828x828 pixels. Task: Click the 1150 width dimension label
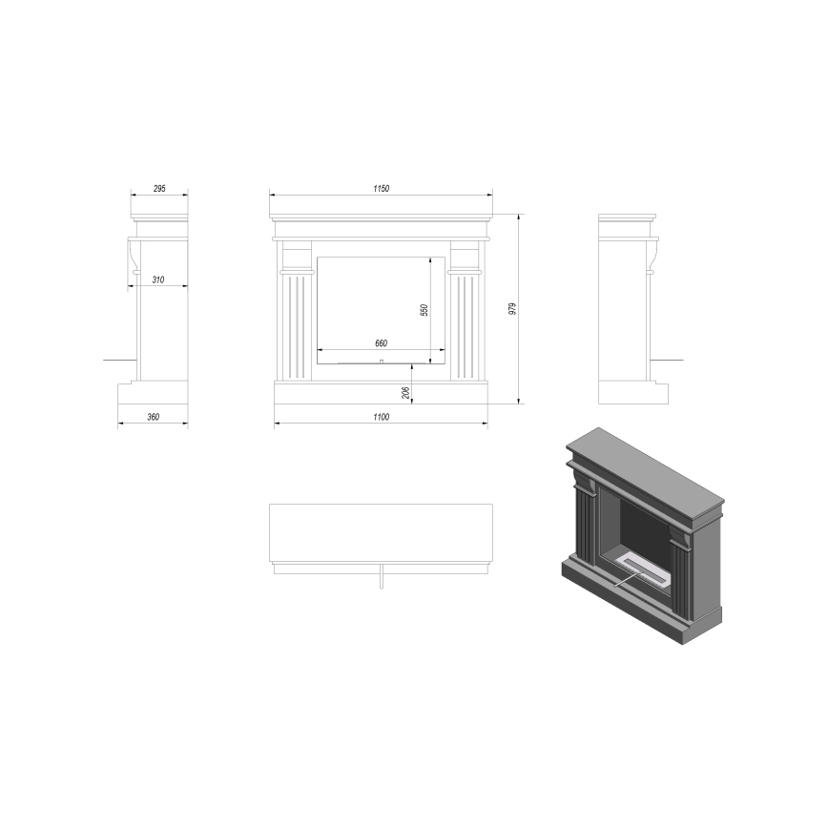tap(381, 189)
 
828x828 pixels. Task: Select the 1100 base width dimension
tap(381, 417)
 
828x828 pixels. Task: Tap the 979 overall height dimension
tap(513, 308)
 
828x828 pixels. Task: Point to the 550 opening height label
tap(425, 309)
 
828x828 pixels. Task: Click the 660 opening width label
tap(381, 342)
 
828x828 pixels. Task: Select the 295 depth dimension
tap(159, 189)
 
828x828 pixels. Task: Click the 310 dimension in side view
tap(157, 279)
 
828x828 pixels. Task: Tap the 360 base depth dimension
tap(153, 417)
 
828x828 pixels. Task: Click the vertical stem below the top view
tap(381, 582)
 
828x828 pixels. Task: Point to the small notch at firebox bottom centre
tap(381, 362)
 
